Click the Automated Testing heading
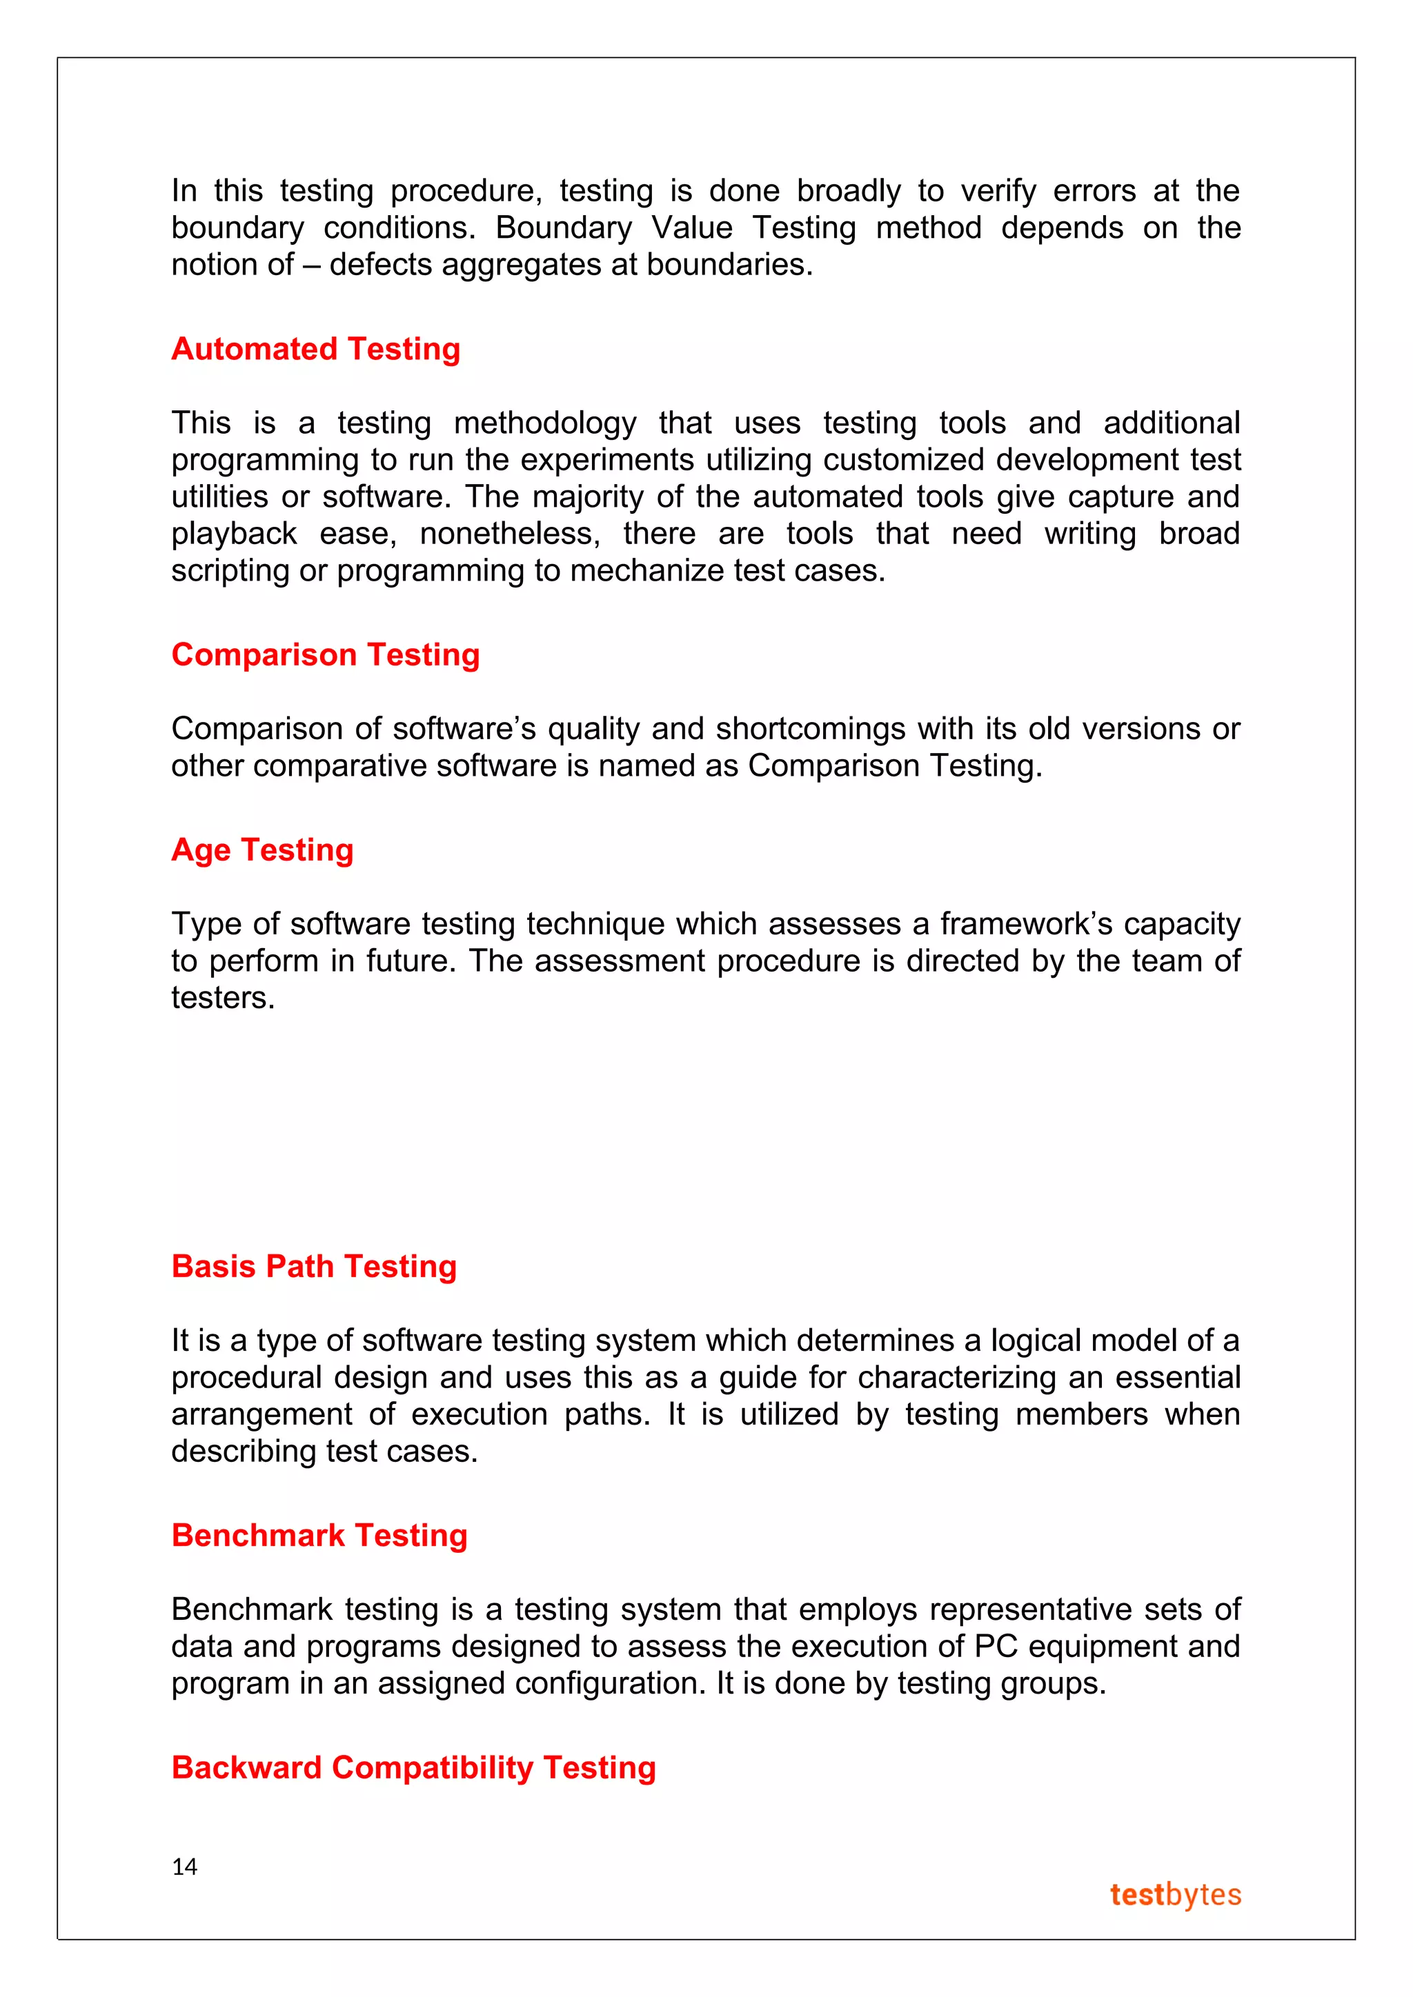[316, 349]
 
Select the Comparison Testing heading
[326, 654]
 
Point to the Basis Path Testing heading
[314, 1266]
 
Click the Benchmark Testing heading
[319, 1535]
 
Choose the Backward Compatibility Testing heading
[413, 1767]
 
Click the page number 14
[184, 1867]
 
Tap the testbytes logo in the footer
[1176, 1894]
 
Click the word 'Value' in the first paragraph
[693, 228]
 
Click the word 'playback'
[234, 534]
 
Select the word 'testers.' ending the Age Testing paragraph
[223, 998]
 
